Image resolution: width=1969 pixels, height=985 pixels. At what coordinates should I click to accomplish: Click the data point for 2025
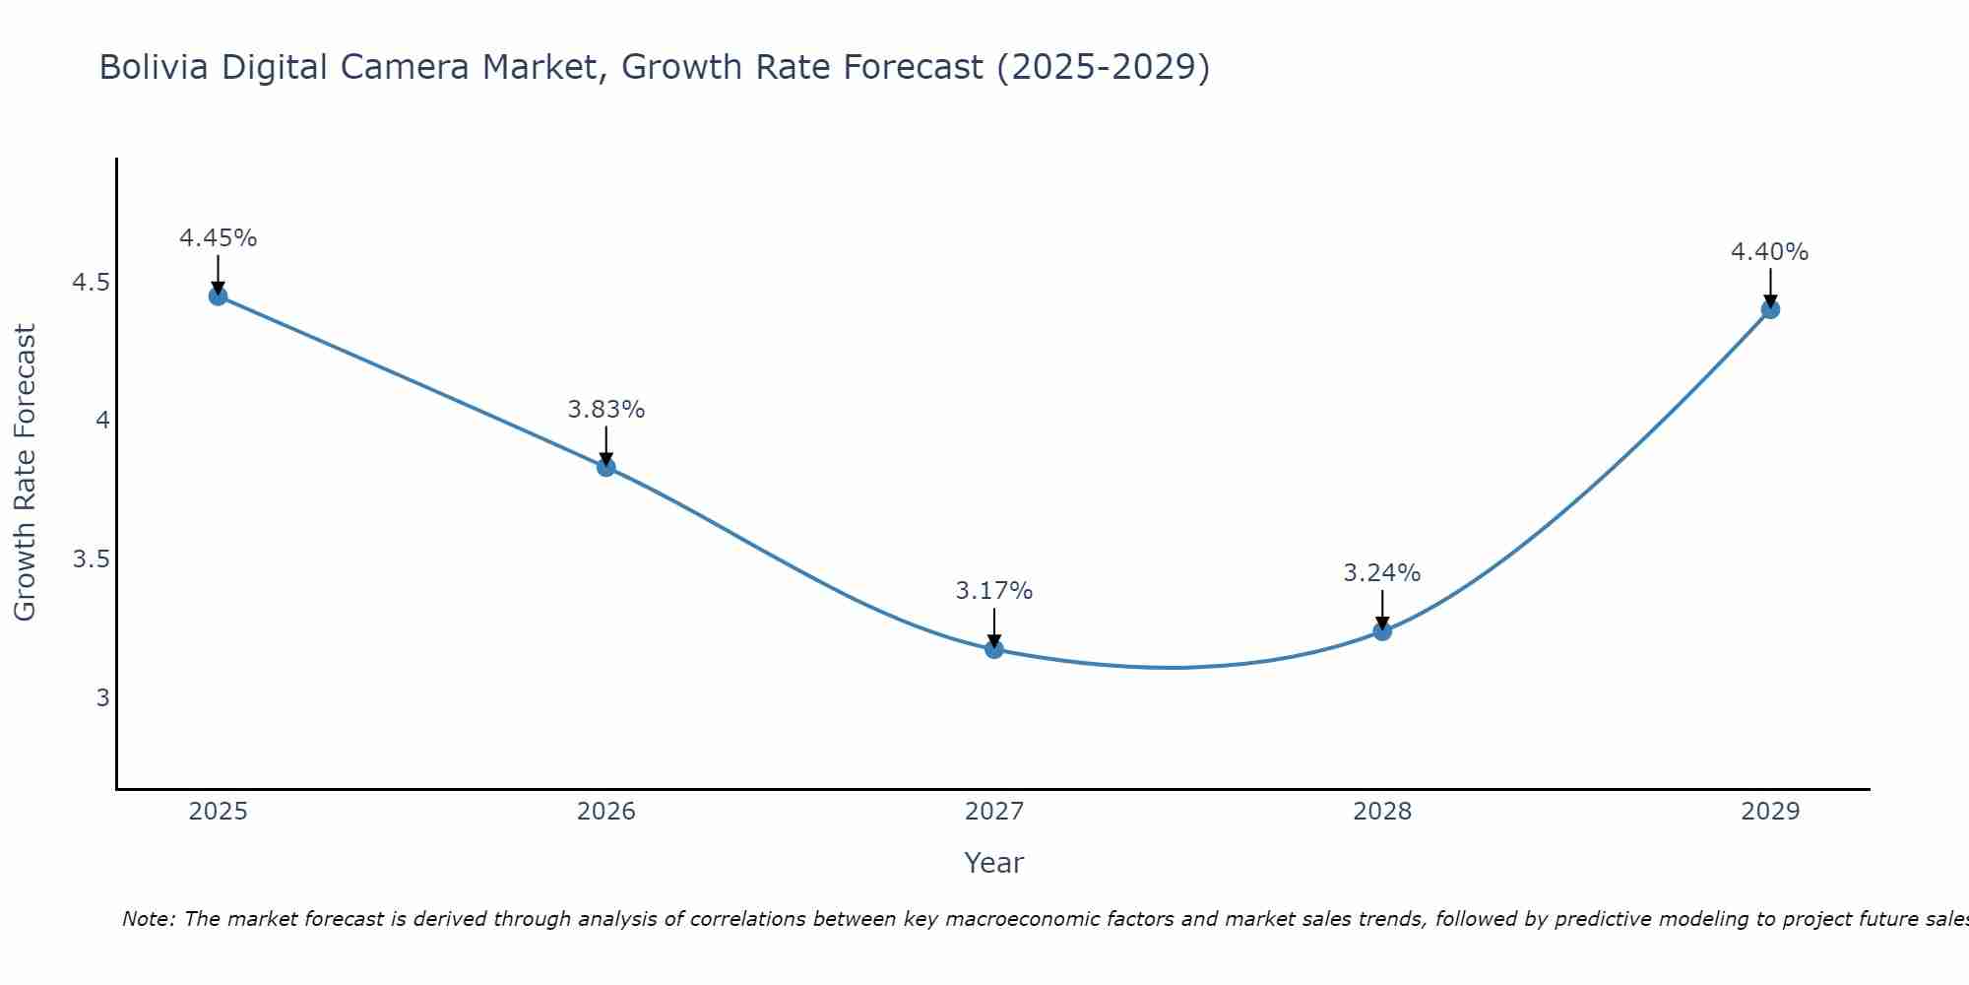click(219, 296)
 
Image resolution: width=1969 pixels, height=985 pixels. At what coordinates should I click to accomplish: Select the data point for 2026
click(606, 467)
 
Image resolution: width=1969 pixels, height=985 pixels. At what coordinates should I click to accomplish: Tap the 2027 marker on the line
click(994, 649)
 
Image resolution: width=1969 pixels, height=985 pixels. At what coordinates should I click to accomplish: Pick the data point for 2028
click(1382, 631)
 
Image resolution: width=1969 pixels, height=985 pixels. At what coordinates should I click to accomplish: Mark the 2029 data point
click(1770, 309)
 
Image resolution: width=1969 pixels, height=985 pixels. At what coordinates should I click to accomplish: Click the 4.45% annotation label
click(219, 238)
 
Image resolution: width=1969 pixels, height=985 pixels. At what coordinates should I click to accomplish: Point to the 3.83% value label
click(606, 410)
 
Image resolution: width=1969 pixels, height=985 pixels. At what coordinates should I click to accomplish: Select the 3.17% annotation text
click(994, 591)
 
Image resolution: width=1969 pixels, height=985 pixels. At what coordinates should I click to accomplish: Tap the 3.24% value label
click(1382, 573)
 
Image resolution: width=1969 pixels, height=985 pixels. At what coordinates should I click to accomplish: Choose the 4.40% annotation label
click(1770, 252)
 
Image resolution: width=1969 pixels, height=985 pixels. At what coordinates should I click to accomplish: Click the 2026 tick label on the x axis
click(606, 812)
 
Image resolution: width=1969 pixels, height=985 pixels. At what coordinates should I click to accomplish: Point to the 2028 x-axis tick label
click(1382, 812)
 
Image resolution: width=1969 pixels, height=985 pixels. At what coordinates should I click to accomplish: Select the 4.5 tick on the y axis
click(91, 284)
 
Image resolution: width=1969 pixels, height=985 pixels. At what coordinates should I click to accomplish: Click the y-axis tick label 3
click(102, 698)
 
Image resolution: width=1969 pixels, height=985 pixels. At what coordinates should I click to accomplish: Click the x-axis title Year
click(994, 863)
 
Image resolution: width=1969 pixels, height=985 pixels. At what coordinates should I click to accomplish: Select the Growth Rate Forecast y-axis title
click(25, 473)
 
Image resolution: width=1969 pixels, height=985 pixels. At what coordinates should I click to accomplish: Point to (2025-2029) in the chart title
click(1104, 67)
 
